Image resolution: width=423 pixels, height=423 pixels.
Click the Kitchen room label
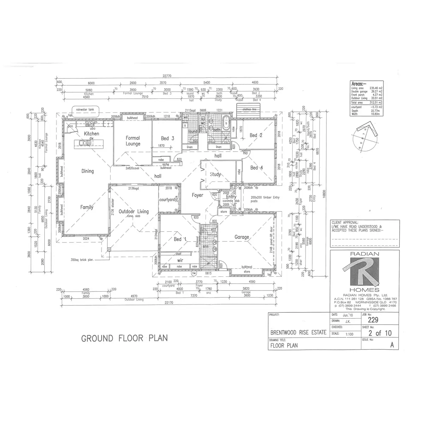91,134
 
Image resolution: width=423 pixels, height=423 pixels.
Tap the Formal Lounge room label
133,141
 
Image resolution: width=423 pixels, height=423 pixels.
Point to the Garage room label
242,237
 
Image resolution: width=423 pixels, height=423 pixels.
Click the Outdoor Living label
134,211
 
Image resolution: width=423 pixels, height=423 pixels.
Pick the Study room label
215,174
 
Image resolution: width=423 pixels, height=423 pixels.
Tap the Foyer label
198,195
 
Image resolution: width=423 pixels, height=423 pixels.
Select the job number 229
373,320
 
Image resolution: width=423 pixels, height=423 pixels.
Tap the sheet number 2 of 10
379,333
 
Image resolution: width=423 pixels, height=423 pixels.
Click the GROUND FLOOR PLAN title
124,338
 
